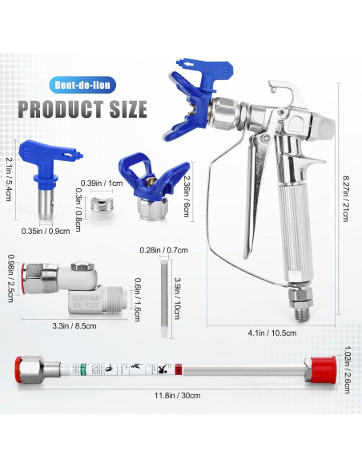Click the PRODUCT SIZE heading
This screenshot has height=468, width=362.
pos(83,107)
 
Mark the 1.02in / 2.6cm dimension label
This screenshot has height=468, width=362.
pos(346,371)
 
